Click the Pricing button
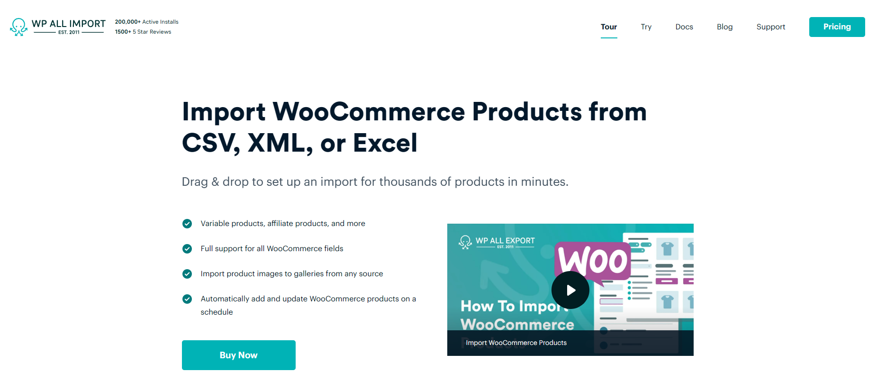tap(837, 27)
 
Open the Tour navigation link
tap(609, 27)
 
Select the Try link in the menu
tap(646, 27)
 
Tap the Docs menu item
tap(684, 27)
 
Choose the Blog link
tap(725, 27)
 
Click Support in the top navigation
tap(771, 27)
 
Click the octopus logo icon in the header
tap(19, 27)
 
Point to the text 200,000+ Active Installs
tap(147, 22)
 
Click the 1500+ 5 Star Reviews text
tap(143, 32)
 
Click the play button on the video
tap(570, 290)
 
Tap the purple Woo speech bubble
tap(592, 262)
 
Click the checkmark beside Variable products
tap(187, 224)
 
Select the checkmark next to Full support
tap(187, 249)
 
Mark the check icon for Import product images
tap(187, 274)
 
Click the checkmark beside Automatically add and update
tap(187, 299)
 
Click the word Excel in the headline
tap(385, 143)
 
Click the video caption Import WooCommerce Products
tap(516, 343)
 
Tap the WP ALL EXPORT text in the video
tap(505, 241)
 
